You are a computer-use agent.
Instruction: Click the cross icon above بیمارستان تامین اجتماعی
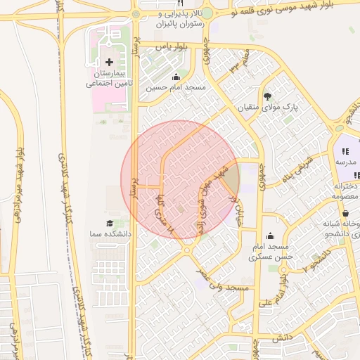pyautogui.click(x=109, y=63)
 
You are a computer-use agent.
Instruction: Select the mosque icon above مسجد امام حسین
pyautogui.click(x=175, y=78)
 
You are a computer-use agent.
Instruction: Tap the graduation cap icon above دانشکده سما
pyautogui.click(x=110, y=223)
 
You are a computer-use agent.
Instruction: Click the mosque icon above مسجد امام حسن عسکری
pyautogui.click(x=271, y=236)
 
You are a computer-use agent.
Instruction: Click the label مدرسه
pyautogui.click(x=344, y=162)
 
